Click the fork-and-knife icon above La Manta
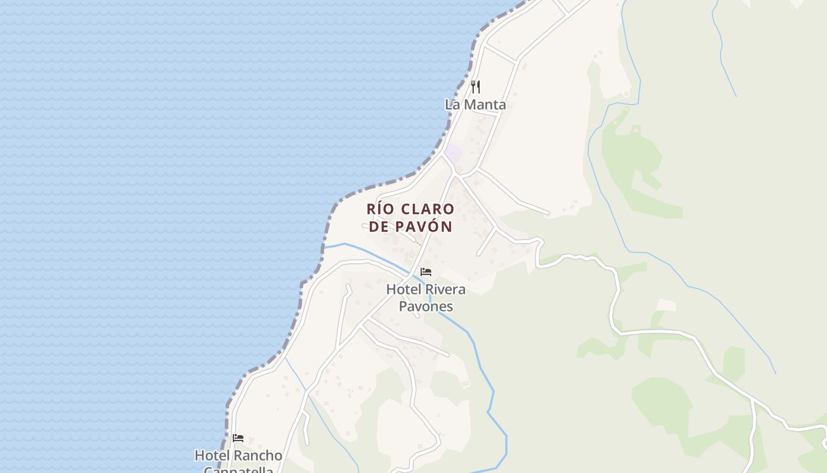click(x=476, y=87)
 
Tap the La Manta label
click(x=476, y=105)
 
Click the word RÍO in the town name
click(x=381, y=209)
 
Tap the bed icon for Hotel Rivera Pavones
click(x=426, y=272)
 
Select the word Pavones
click(x=426, y=306)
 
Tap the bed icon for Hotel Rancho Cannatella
click(x=238, y=438)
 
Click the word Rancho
click(x=258, y=456)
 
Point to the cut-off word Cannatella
click(x=238, y=469)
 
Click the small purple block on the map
click(x=454, y=153)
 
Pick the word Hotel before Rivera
click(x=403, y=290)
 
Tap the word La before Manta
click(x=452, y=105)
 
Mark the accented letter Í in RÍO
click(x=382, y=209)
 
